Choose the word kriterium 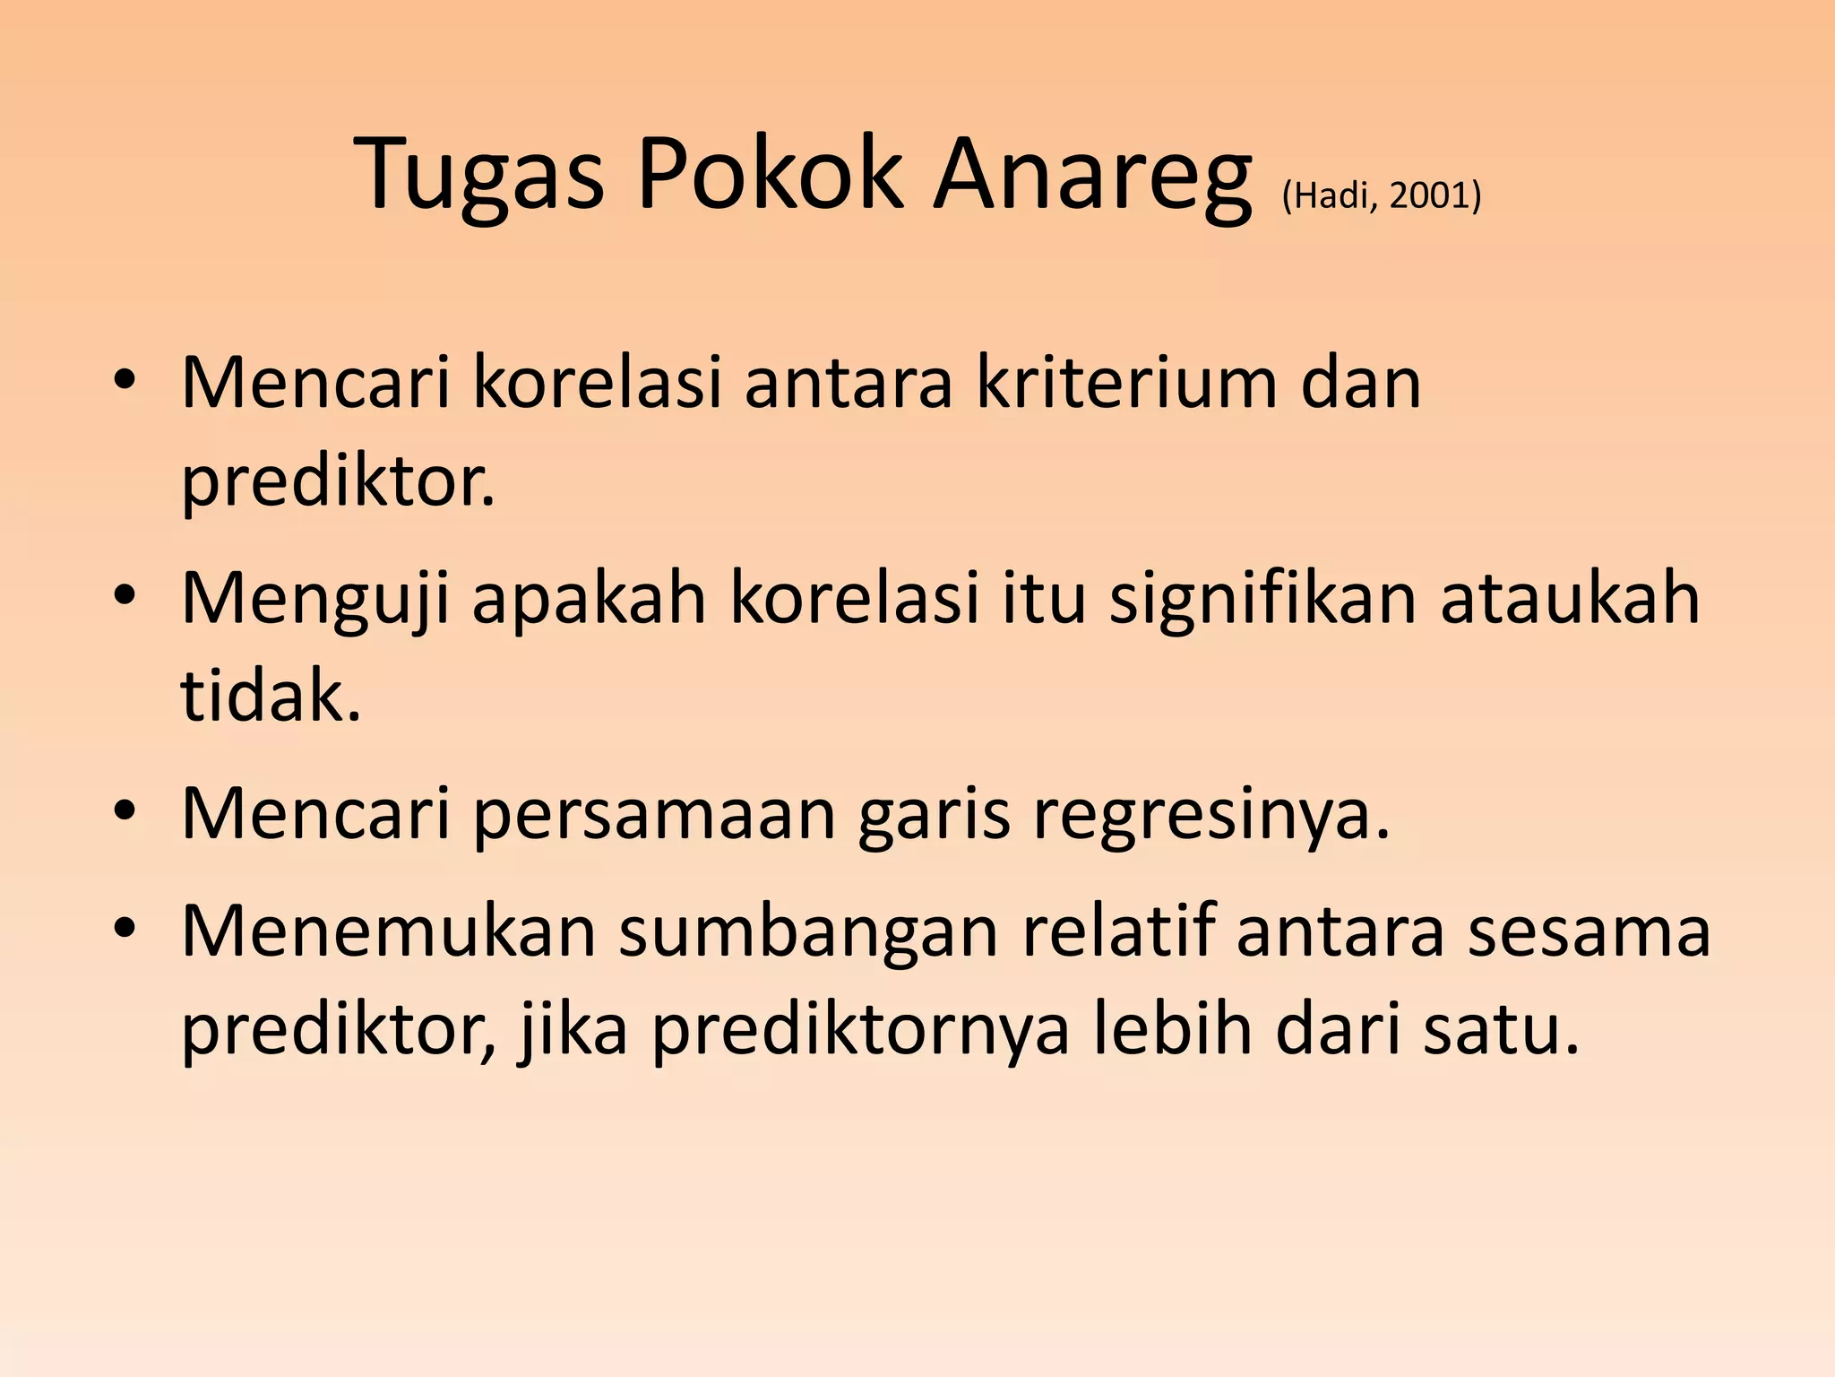coord(1125,384)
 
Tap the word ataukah coord(1570,599)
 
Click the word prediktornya coord(859,1029)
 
